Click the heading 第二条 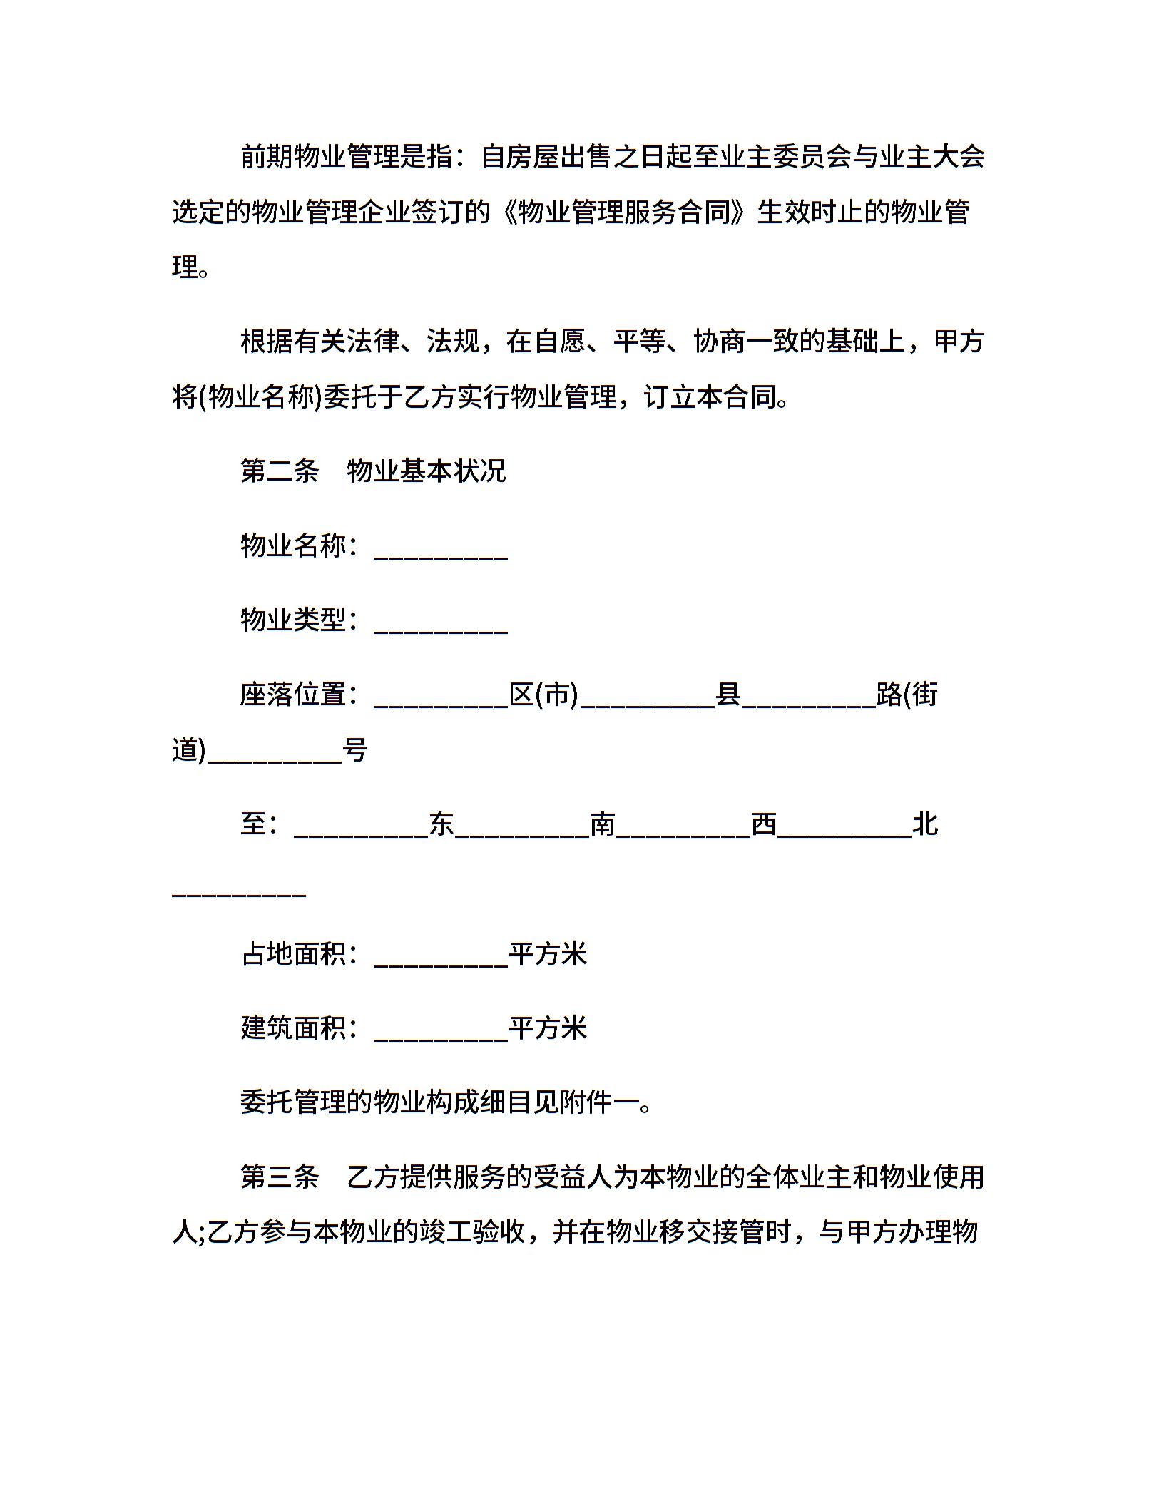coord(280,471)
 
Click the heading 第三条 coord(280,1177)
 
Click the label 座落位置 coord(293,694)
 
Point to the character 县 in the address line coord(728,694)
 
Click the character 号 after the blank coord(354,749)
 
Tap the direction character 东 coord(441,824)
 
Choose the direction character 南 coord(603,824)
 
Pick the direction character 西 coord(764,824)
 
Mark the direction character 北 coord(925,824)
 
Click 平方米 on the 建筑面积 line coord(548,1028)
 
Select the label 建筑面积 coord(293,1028)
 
